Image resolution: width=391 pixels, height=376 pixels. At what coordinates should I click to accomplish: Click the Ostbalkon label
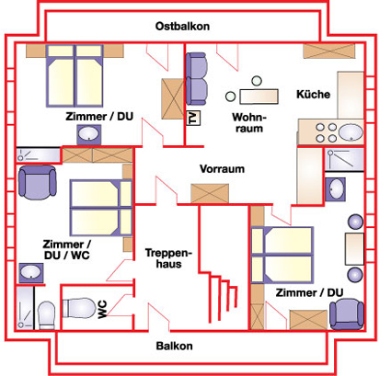(182, 27)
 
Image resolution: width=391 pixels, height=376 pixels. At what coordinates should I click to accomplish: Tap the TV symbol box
(193, 118)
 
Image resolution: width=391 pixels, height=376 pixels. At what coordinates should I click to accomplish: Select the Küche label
(313, 94)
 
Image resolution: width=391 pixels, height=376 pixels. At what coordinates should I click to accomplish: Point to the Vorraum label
(222, 169)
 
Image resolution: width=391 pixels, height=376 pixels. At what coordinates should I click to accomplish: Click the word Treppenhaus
(168, 258)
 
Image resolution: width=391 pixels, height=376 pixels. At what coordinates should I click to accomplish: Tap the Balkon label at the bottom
(175, 346)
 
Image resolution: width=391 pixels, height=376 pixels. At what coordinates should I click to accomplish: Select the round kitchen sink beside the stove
(351, 132)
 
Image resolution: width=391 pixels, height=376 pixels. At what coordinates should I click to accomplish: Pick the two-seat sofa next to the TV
(196, 79)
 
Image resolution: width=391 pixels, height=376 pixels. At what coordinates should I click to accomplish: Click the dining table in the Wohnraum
(259, 97)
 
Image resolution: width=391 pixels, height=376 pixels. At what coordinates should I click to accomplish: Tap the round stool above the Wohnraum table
(257, 81)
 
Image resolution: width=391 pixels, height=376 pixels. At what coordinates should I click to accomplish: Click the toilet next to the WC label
(79, 308)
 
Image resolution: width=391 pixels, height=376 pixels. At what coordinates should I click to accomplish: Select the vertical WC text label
(102, 309)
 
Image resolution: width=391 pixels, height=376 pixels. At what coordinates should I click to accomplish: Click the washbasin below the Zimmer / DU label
(88, 134)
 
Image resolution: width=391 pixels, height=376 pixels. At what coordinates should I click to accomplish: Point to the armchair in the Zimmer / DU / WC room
(38, 182)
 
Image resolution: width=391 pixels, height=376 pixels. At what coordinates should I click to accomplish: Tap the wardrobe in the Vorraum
(210, 193)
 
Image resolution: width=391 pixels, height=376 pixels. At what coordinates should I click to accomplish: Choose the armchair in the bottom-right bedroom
(347, 314)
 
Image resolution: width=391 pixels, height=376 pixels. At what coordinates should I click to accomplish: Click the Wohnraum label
(249, 122)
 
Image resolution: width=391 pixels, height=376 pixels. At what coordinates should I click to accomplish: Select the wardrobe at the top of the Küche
(329, 51)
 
